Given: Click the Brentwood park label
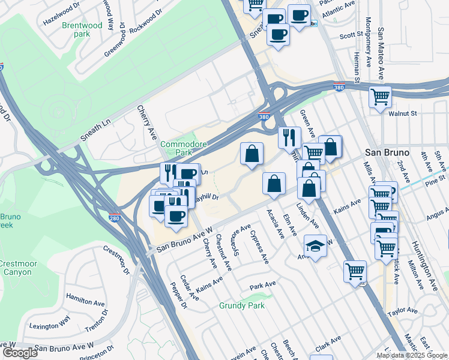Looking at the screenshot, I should pyautogui.click(x=82, y=30).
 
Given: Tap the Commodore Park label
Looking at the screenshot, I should pyautogui.click(x=183, y=149).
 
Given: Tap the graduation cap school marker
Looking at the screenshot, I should pyautogui.click(x=314, y=246).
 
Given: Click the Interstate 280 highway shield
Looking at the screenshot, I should pyautogui.click(x=114, y=218).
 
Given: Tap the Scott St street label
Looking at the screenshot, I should pyautogui.click(x=348, y=36).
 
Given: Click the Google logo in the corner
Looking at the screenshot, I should pyautogui.click(x=20, y=353).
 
